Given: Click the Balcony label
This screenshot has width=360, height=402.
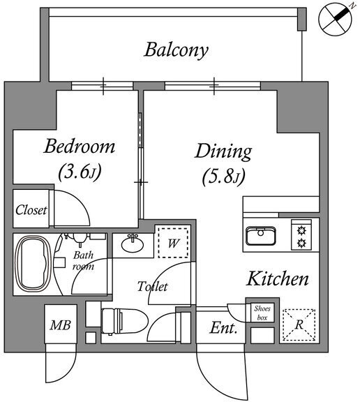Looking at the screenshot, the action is pos(176,50).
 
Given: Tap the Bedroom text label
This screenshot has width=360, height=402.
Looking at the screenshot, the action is pos(79,147).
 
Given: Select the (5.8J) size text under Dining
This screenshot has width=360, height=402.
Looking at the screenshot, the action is pos(223,177).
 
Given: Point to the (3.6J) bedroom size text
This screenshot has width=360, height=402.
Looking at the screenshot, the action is pos(80,172).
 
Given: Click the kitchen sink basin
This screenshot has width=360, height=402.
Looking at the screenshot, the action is pos(261,236).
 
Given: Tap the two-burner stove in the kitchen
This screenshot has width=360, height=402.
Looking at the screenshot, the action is pos(301,234).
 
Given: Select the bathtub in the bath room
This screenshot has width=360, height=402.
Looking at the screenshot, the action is pos(33,264).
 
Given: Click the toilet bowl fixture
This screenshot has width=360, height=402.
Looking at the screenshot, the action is pos(124,321).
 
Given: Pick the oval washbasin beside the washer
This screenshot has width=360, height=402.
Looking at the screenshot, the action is pos(133,244).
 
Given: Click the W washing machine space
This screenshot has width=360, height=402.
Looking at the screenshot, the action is pos(173,243).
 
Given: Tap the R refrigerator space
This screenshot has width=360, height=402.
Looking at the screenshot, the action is pos(299,325).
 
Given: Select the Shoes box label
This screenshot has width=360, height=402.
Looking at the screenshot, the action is pos(262,313).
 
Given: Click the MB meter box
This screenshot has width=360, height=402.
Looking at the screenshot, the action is pos(61,325).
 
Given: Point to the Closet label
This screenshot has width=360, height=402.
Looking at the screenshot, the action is pos(31,210).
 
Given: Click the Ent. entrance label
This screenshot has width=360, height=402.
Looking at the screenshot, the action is pos(223,328).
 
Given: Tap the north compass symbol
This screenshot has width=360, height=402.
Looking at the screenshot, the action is pos(335,20).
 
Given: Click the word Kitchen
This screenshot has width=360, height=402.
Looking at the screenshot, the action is pos(277,278).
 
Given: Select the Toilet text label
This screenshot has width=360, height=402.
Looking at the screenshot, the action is pos(153,286).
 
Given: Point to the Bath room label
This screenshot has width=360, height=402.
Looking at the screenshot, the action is pos(83,261).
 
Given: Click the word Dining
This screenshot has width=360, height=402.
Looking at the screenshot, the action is pos(223,151).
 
